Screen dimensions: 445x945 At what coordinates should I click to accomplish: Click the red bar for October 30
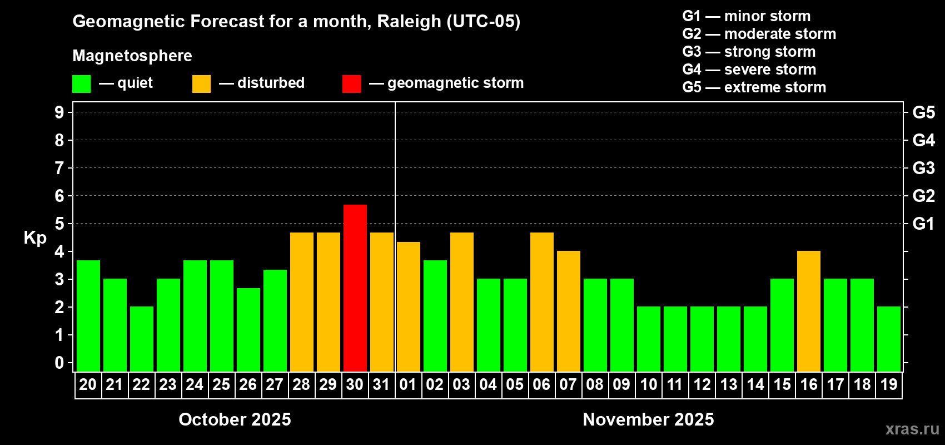click(355, 288)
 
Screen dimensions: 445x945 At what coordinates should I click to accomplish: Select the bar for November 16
click(808, 311)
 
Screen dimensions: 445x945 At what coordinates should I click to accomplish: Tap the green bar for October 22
click(141, 339)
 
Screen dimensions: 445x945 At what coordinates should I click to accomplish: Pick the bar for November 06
click(541, 302)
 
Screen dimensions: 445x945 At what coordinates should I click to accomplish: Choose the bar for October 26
click(248, 329)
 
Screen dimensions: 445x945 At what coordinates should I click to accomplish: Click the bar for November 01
click(408, 306)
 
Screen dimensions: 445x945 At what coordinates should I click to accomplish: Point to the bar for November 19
click(888, 339)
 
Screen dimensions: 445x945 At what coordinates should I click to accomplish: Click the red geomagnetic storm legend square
click(351, 84)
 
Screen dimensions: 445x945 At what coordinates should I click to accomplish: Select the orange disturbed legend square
click(201, 84)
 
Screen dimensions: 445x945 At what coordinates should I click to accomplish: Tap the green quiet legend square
click(81, 84)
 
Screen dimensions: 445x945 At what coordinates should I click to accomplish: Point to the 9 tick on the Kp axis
click(59, 112)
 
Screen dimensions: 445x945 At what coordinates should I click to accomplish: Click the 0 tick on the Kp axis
click(59, 363)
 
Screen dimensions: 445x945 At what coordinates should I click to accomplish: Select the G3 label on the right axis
click(923, 168)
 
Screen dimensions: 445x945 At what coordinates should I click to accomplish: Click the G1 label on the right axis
click(923, 224)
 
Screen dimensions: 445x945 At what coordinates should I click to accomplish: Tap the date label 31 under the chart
click(381, 384)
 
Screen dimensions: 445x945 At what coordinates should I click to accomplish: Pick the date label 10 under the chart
click(648, 384)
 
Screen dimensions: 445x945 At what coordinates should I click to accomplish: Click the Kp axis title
click(35, 238)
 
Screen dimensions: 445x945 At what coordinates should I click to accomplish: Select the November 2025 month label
click(648, 419)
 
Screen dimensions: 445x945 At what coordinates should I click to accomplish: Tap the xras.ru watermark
click(912, 429)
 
